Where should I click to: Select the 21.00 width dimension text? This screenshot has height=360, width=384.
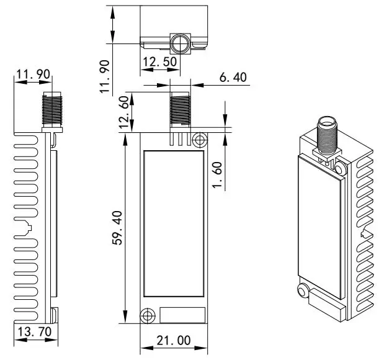[x=174, y=341]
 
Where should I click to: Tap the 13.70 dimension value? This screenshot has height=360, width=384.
[x=34, y=332]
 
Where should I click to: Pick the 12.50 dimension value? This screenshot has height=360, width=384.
[x=159, y=62]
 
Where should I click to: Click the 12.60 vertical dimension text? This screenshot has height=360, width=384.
[x=127, y=112]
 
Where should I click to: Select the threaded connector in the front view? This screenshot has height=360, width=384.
[x=181, y=111]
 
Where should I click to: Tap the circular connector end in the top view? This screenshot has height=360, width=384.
[x=181, y=43]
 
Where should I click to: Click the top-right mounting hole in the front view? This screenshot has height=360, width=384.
[x=199, y=140]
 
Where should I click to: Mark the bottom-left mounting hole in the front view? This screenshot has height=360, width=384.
[x=147, y=315]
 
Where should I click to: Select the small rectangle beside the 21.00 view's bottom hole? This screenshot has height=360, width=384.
[x=182, y=315]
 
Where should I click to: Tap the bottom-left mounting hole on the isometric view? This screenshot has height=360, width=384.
[x=303, y=292]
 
